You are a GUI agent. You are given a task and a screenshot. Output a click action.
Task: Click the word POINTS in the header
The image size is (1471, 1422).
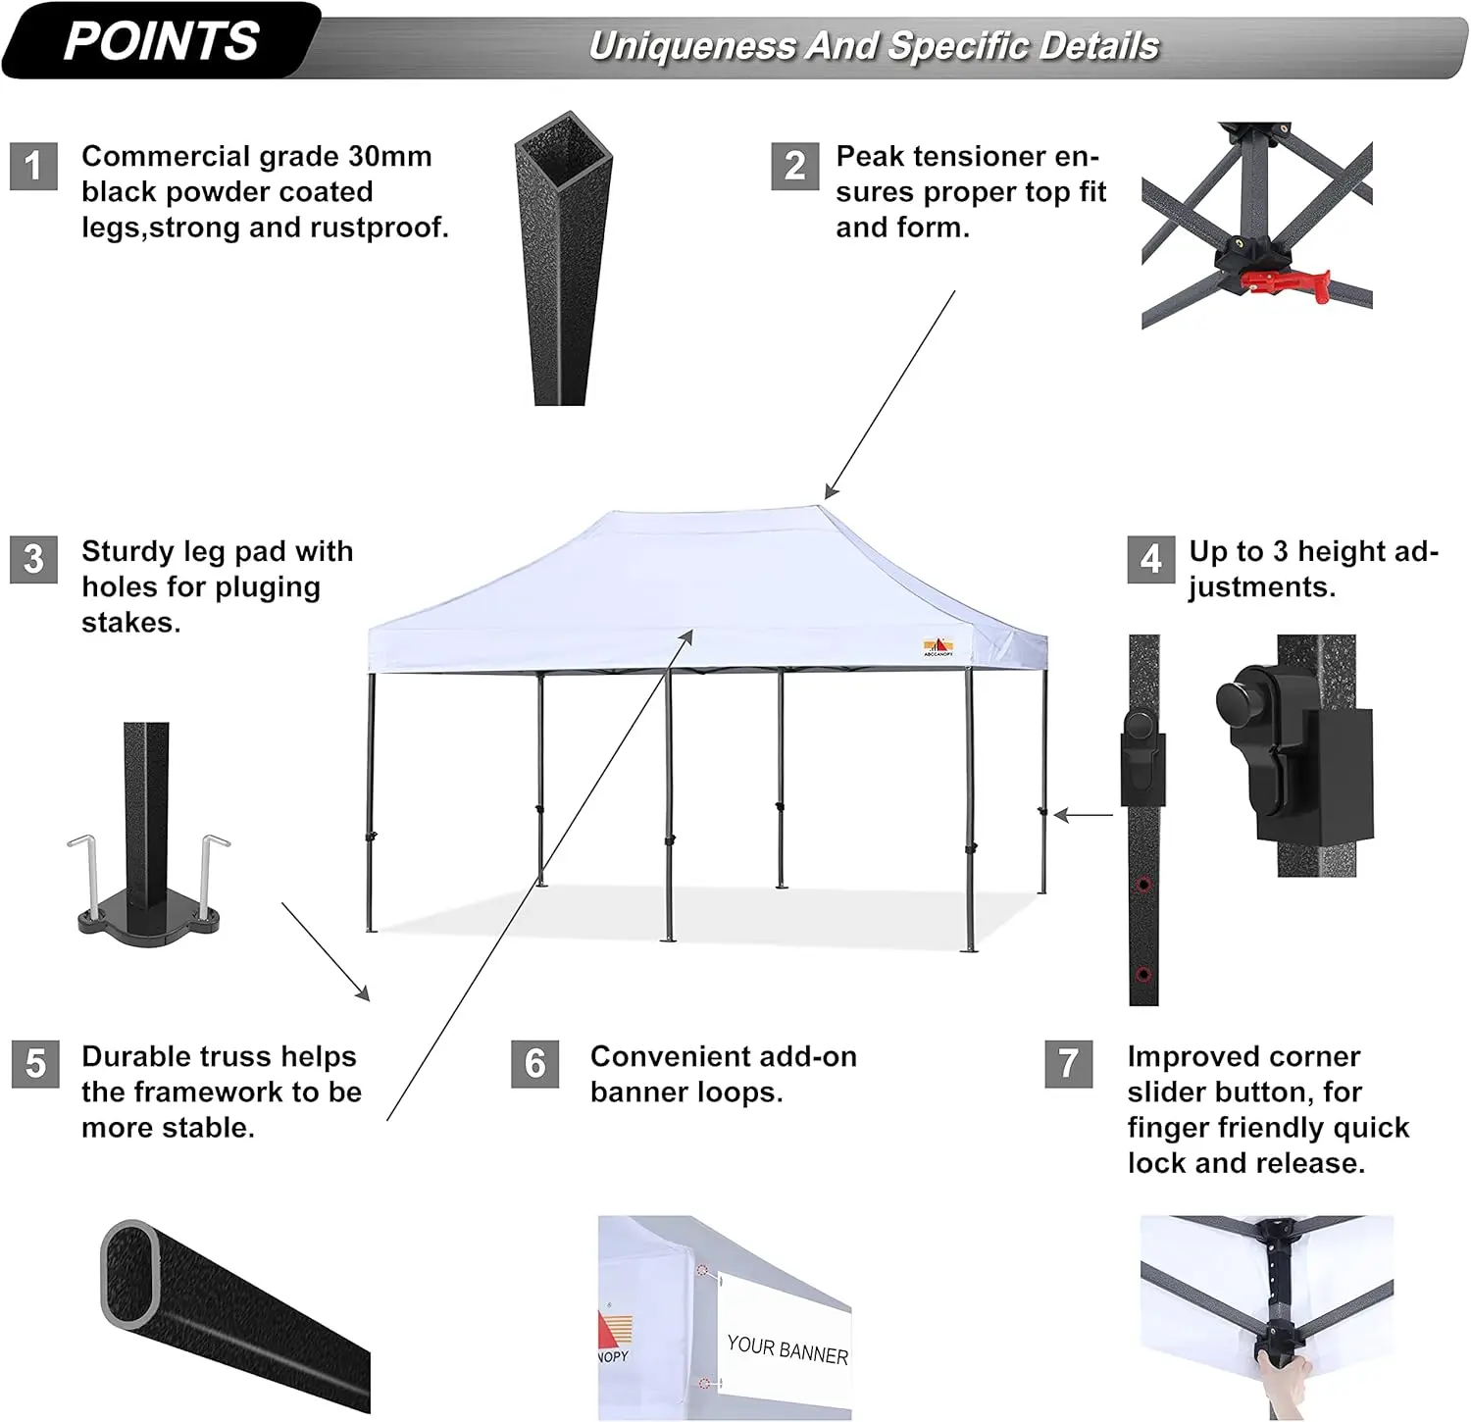click(x=161, y=42)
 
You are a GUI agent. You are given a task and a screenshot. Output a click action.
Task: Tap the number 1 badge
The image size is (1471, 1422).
click(x=34, y=166)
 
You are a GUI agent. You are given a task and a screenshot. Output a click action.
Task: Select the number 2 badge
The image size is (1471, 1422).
click(x=794, y=166)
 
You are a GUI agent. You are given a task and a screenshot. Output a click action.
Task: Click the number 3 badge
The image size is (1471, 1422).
click(x=34, y=559)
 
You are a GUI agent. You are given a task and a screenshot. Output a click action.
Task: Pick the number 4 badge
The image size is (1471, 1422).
click(x=1150, y=559)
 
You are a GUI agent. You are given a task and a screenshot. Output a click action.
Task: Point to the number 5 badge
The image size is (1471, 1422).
click(x=35, y=1064)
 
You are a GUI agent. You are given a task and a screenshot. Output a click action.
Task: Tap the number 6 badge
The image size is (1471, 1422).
click(x=534, y=1064)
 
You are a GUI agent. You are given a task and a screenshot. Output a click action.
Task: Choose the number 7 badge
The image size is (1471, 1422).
click(x=1069, y=1064)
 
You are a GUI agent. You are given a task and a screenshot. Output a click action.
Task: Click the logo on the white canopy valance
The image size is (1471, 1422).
click(x=938, y=647)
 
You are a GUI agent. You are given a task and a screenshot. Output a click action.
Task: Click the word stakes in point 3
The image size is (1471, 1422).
click(x=130, y=623)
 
